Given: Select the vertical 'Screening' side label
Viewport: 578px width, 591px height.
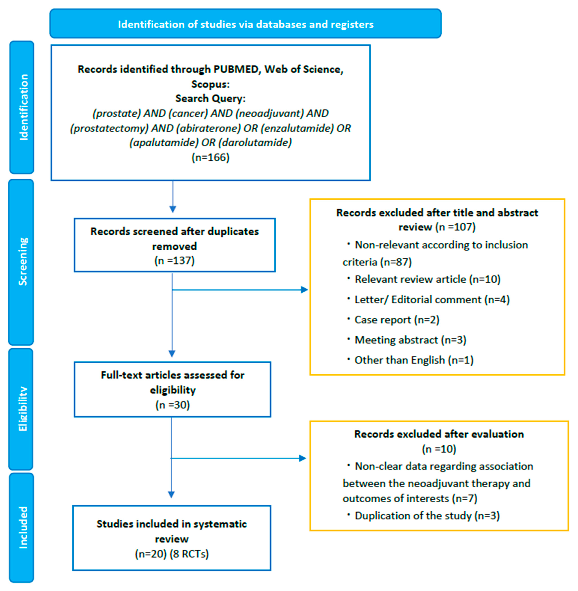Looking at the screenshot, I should [22, 262].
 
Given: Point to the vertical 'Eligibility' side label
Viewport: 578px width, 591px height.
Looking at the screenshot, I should [22, 409].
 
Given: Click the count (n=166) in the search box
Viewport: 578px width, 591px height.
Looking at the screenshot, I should [210, 157].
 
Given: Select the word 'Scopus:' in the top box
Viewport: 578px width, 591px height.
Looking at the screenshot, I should [210, 84].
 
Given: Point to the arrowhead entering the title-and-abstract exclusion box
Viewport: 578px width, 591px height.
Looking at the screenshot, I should [304, 290].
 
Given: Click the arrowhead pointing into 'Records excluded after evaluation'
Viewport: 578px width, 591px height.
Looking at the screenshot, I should [302, 458].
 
